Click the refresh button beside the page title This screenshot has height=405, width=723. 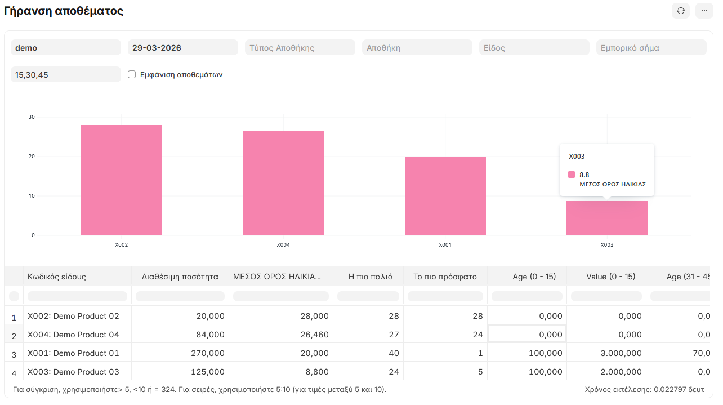pos(681,11)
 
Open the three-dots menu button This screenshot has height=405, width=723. pos(704,11)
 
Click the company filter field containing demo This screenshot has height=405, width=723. pos(65,48)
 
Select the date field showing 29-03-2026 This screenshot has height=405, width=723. pos(182,48)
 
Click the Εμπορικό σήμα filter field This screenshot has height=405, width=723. pos(651,48)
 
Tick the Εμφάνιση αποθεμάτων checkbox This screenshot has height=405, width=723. pos(132,74)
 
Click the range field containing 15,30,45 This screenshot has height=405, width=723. pos(65,74)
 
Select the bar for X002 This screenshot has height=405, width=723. pos(122,180)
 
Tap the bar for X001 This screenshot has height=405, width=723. pos(445,196)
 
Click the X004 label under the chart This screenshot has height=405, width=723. pos(283,245)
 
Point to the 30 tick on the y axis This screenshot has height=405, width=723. pos(32,117)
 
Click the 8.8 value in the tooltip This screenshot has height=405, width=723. pos(584,175)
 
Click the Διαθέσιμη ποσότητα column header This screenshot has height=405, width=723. pos(180,277)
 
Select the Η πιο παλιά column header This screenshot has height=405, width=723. pos(371,277)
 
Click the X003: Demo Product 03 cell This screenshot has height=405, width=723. pos(73,372)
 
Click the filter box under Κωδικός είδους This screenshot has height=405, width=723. pos(77,296)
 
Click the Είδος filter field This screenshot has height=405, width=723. pos(534,48)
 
